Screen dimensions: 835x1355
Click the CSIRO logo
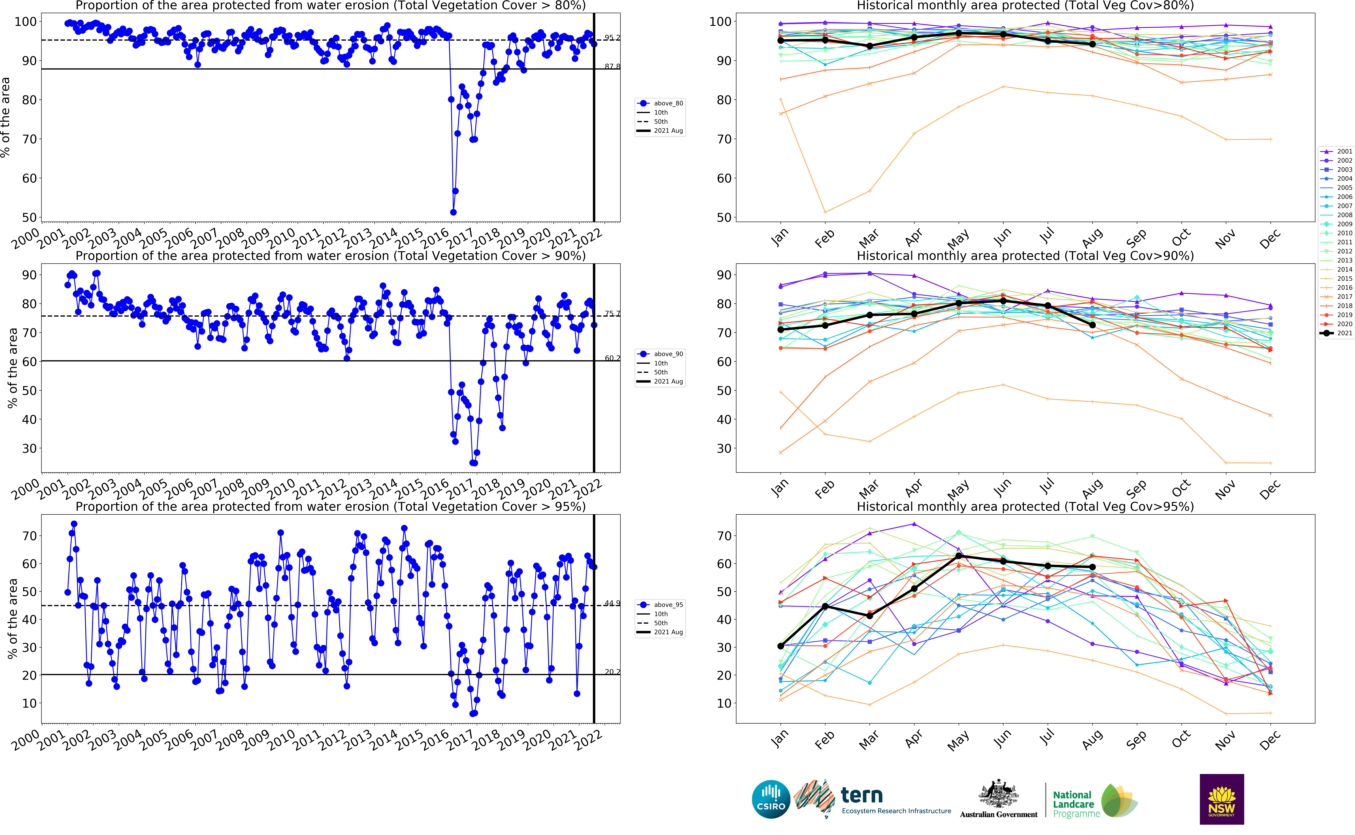coord(771,799)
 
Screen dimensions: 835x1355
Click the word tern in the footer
coord(861,795)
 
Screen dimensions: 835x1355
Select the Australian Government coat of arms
coord(998,794)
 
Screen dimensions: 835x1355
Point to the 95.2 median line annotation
coord(612,38)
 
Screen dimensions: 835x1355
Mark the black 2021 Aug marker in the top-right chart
coord(1092,44)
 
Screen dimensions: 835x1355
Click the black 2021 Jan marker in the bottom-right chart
coord(780,646)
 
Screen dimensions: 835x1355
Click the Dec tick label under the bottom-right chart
coord(1269,740)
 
